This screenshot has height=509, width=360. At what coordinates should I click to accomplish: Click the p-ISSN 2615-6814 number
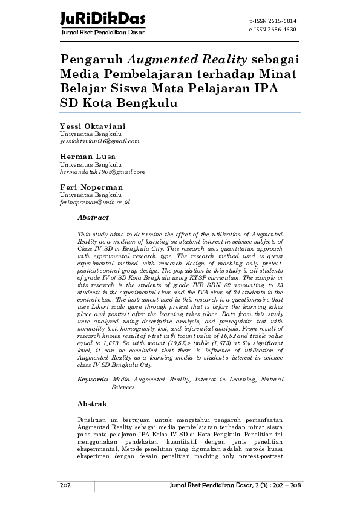coord(273,21)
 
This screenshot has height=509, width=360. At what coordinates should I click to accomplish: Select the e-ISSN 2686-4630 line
coord(273,28)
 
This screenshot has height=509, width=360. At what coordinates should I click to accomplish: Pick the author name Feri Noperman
coord(91,187)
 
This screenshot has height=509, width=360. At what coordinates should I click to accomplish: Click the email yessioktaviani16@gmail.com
coord(99,141)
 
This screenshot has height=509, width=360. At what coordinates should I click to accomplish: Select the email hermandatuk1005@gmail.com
coord(102,172)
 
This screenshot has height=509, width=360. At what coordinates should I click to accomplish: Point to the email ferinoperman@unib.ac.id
coord(94,203)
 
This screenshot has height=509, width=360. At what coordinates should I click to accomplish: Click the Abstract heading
coord(93,218)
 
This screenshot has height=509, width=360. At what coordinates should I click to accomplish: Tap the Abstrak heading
coord(93,403)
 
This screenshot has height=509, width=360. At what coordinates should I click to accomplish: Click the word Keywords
coord(93,379)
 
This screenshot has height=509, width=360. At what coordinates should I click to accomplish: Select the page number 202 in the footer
coord(65,486)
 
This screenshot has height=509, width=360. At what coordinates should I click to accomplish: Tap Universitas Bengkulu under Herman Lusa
coord(90,164)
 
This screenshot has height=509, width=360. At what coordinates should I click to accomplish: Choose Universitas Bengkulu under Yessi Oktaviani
coord(90,134)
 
